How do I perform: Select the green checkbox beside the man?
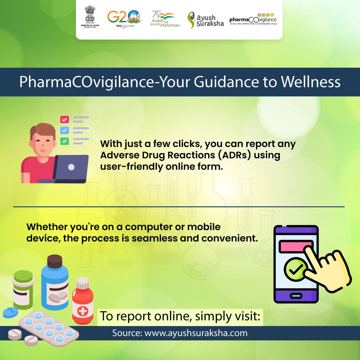[x=64, y=141]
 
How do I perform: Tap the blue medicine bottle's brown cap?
[x=55, y=261]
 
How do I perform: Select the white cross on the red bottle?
[x=81, y=311]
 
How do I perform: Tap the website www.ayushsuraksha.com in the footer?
[x=191, y=333]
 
